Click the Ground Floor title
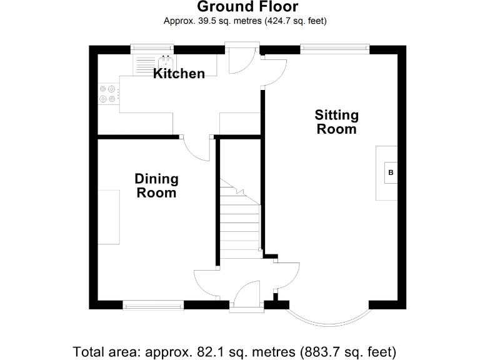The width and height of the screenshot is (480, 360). (x=247, y=7)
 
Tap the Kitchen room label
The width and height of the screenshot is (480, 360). (x=179, y=74)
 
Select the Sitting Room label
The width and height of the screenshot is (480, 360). (x=336, y=122)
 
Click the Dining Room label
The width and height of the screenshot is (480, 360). (x=156, y=186)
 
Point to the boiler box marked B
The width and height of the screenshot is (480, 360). (x=391, y=172)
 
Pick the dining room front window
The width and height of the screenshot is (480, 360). (x=153, y=305)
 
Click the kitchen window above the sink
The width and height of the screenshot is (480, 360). (x=152, y=49)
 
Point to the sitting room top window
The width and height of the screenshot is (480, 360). (x=334, y=49)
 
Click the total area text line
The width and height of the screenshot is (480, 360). (x=234, y=351)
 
